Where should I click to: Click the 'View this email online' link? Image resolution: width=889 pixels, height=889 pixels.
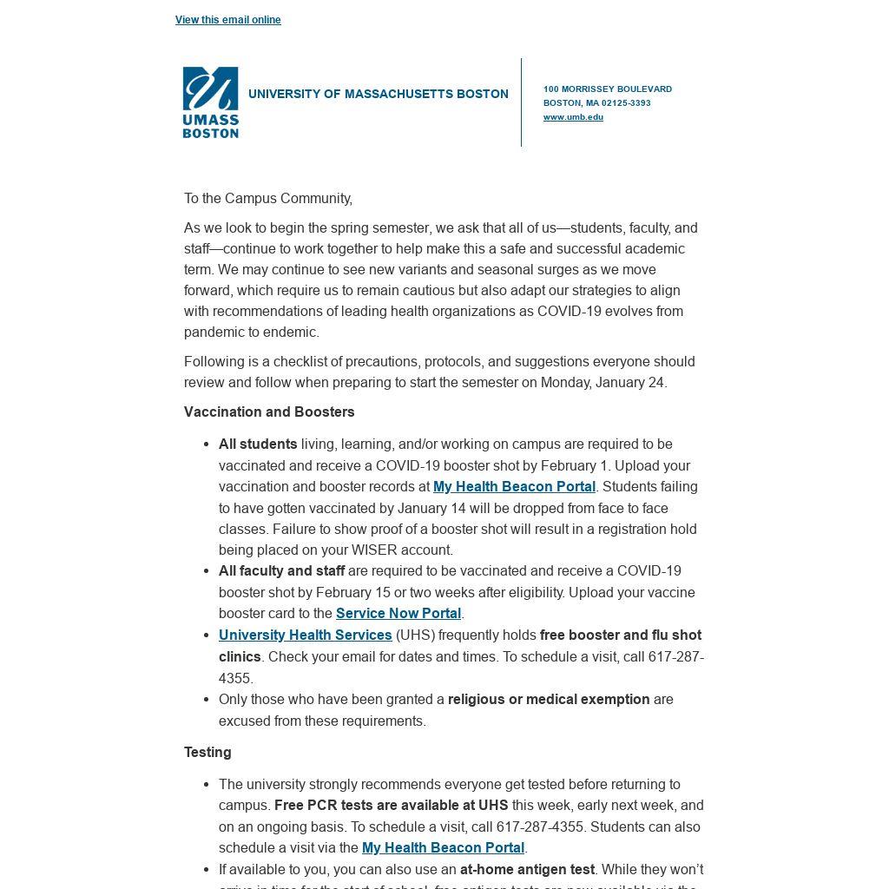pos(227,20)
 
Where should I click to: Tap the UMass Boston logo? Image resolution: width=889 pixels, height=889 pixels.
pos(210,102)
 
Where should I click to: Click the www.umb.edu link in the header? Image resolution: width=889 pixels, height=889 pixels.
pos(573,117)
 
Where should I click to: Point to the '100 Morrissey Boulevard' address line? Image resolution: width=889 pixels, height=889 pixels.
pos(607,89)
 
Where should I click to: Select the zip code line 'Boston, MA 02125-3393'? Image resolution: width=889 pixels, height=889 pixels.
pos(596,103)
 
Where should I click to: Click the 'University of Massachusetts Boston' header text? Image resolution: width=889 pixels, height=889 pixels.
pos(378,94)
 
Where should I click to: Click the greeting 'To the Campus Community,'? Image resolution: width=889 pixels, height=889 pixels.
pos(267,199)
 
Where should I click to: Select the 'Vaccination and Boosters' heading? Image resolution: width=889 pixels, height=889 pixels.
pos(269,412)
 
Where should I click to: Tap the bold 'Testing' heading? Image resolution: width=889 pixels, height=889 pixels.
pos(207,753)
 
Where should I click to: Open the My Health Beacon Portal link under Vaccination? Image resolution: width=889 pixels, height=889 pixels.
pos(514,487)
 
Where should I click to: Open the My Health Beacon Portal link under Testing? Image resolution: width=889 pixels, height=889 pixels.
pos(443,848)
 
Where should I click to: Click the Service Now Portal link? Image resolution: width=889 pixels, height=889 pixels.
pos(398,614)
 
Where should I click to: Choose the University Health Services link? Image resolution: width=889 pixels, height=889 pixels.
pos(305,635)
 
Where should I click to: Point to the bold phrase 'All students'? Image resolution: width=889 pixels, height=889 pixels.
pos(258,444)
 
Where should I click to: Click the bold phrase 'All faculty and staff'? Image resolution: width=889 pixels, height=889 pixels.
pos(281,571)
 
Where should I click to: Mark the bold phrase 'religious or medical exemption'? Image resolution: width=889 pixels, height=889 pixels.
pos(549,700)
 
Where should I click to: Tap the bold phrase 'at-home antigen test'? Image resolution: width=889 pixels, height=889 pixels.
pos(527,870)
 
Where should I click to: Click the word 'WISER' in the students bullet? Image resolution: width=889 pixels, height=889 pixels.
pos(376,550)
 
